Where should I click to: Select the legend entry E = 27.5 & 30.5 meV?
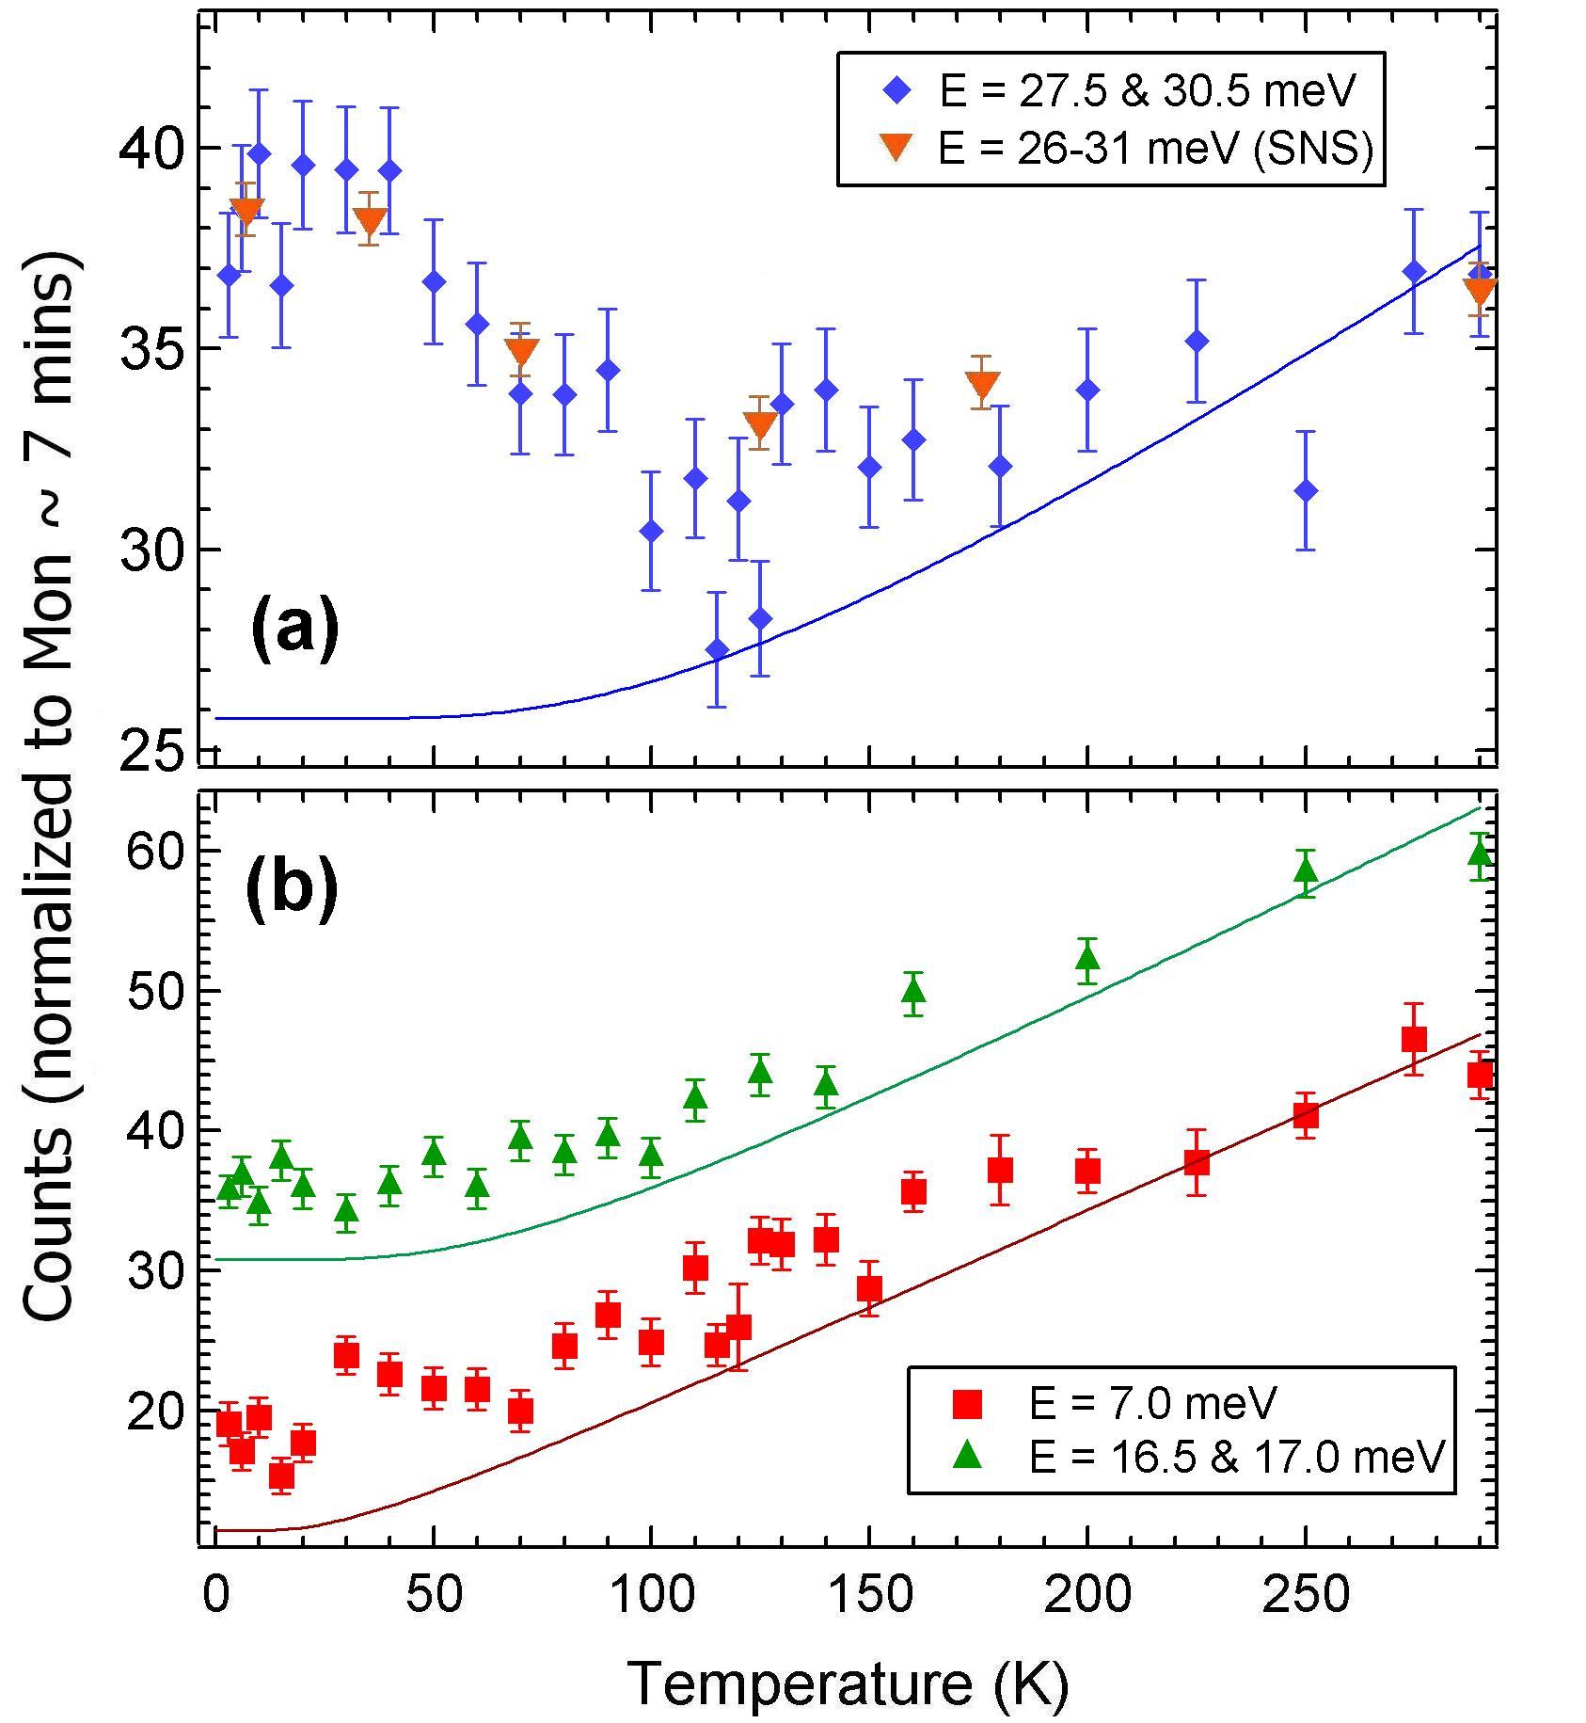pos(1148,91)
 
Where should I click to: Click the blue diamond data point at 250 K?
pos(1305,490)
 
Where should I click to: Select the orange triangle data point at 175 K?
pos(983,385)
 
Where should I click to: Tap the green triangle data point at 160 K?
pos(912,991)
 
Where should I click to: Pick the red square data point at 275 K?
pos(1414,1039)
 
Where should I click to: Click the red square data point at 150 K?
pos(869,1287)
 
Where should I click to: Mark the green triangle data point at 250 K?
pos(1305,871)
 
